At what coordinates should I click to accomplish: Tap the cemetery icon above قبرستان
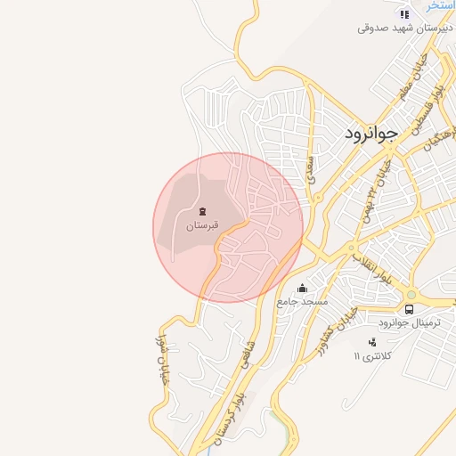tap(203, 211)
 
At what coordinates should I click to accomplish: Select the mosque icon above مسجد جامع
tap(303, 288)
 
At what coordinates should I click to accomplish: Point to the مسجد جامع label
tap(303, 302)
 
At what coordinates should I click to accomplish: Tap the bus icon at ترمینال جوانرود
tap(409, 309)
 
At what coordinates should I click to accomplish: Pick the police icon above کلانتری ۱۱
tap(371, 342)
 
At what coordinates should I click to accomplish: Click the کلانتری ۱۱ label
tap(372, 356)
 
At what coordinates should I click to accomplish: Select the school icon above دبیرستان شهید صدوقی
tap(404, 13)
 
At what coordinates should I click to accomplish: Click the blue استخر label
tap(441, 5)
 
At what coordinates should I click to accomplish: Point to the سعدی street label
tap(311, 167)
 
